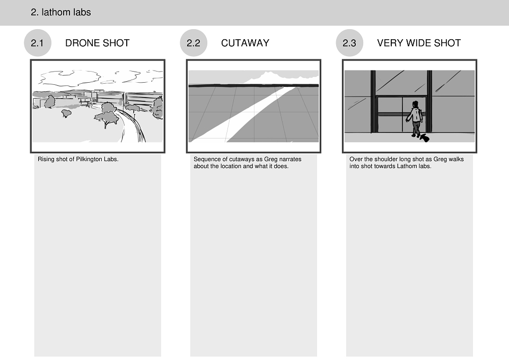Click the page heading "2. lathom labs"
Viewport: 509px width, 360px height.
pos(60,12)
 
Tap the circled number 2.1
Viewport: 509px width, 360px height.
pos(38,43)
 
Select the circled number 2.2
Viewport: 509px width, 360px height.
pos(194,43)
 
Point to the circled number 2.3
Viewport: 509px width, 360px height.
pos(349,43)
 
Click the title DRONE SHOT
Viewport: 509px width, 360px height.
pos(98,43)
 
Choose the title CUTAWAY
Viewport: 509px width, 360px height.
pos(245,43)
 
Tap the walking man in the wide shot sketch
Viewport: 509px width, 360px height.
pos(415,119)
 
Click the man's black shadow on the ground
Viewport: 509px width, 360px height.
pos(424,138)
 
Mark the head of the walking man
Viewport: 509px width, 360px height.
pos(415,104)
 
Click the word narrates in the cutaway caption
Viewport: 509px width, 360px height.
pos(290,160)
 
